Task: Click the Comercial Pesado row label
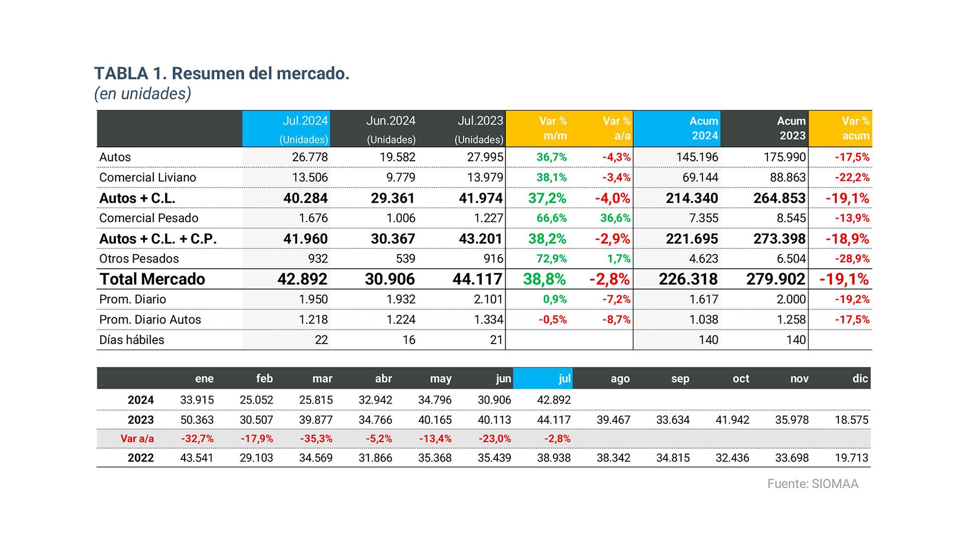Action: pyautogui.click(x=148, y=218)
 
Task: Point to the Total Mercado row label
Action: pyautogui.click(x=152, y=279)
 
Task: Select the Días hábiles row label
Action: pyautogui.click(x=132, y=340)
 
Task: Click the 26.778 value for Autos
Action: pyautogui.click(x=310, y=157)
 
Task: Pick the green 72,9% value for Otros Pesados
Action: pyautogui.click(x=551, y=259)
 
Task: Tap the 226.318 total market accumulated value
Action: pyautogui.click(x=688, y=279)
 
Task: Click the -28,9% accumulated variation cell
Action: pyautogui.click(x=852, y=259)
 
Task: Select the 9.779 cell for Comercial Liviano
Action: pyautogui.click(x=401, y=177)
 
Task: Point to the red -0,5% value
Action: pyautogui.click(x=552, y=320)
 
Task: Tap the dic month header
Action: pyautogui.click(x=860, y=378)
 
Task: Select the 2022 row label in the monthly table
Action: pyautogui.click(x=140, y=458)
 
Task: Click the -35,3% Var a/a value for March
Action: pyautogui.click(x=316, y=439)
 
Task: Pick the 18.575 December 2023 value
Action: pyautogui.click(x=851, y=420)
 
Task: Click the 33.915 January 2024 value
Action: pyautogui.click(x=197, y=400)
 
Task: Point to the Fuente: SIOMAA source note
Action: pyautogui.click(x=813, y=484)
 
